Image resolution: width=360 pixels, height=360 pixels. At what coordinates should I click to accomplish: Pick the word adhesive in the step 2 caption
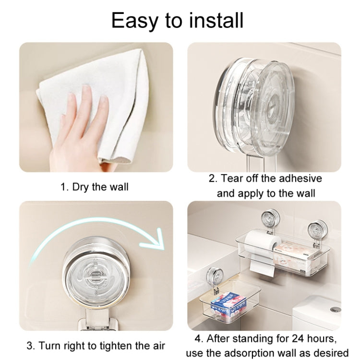point(296,179)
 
